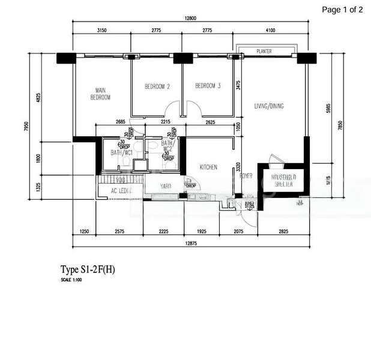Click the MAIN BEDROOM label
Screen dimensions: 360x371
click(x=100, y=94)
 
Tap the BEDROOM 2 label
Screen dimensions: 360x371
click(x=157, y=86)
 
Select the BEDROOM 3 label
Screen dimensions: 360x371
click(x=208, y=86)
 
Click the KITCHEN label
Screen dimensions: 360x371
click(x=208, y=167)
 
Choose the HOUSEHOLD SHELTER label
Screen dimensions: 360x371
click(x=281, y=182)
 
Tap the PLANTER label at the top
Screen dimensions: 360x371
click(x=264, y=52)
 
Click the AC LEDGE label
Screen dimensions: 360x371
click(x=121, y=191)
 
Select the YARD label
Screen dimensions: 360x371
click(x=166, y=187)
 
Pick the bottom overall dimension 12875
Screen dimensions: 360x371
click(x=190, y=243)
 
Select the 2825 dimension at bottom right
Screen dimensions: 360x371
click(x=283, y=231)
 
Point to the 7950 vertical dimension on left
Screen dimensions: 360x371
click(x=26, y=127)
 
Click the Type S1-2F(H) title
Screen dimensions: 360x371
click(x=87, y=270)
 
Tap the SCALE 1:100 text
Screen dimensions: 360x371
click(x=71, y=280)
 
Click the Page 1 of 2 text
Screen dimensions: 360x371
click(x=342, y=9)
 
